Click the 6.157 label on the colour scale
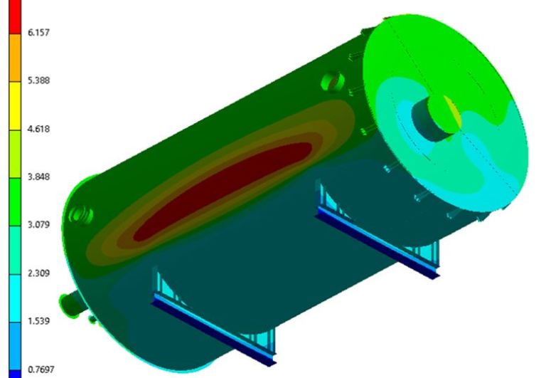click(38, 33)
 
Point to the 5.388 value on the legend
click(38, 80)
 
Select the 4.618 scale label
click(38, 129)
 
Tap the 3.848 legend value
click(38, 177)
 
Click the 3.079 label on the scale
click(38, 224)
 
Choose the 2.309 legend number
click(38, 273)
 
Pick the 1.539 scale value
click(38, 321)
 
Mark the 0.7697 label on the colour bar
click(41, 369)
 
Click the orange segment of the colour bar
click(15, 58)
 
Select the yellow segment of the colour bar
click(15, 106)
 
